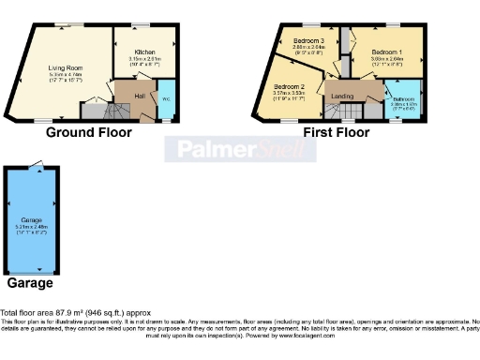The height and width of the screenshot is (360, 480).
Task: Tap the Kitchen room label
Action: (x=144, y=52)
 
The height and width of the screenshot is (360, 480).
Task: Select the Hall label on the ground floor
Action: (x=140, y=96)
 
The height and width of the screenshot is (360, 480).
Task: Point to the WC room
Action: (x=165, y=99)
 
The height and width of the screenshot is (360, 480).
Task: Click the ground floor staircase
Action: (x=93, y=111)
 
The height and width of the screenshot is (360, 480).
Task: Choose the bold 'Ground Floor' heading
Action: (x=89, y=133)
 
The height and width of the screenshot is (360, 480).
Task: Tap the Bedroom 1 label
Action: (x=385, y=52)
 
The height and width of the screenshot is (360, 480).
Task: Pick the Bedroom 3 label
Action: (x=308, y=41)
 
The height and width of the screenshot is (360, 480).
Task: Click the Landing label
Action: (x=342, y=96)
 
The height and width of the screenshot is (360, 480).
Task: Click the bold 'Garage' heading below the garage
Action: (x=30, y=282)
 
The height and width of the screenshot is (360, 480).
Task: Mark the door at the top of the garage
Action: (x=36, y=166)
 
